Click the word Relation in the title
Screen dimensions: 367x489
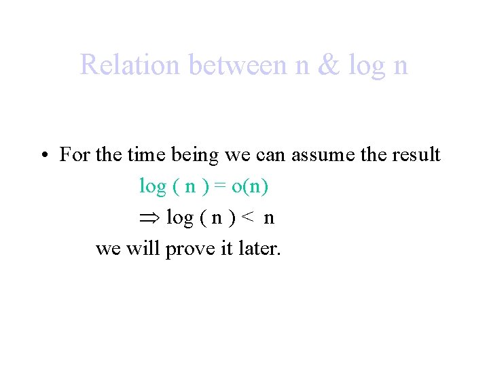tap(130, 65)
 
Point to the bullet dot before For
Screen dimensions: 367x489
tap(43, 156)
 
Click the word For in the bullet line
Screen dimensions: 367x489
tap(75, 155)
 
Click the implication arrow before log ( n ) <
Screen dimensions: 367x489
tap(149, 218)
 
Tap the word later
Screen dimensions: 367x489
tap(259, 249)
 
